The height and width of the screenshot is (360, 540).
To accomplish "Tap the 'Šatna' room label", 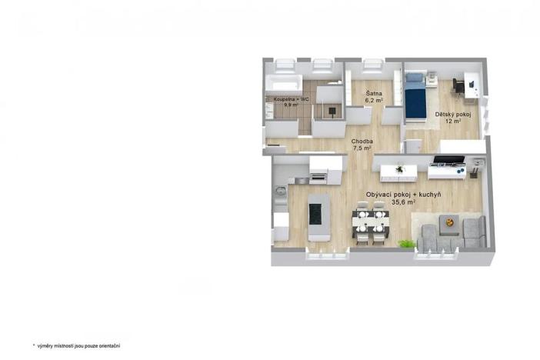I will coord(373,92).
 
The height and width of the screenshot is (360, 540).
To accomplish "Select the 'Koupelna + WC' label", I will coord(292,98).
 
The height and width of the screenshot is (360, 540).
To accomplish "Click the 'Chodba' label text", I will coord(362,142).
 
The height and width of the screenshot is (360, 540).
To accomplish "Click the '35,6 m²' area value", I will coord(404,203).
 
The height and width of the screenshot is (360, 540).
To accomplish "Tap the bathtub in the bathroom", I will coord(285,85).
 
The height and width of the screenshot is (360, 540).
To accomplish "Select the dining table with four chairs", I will coord(371,222).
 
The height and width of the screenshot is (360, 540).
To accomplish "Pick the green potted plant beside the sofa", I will coord(405,244).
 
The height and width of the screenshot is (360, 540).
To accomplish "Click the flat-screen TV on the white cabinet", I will coord(448,161).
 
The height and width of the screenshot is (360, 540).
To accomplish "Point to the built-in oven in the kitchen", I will coord(318,178).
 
